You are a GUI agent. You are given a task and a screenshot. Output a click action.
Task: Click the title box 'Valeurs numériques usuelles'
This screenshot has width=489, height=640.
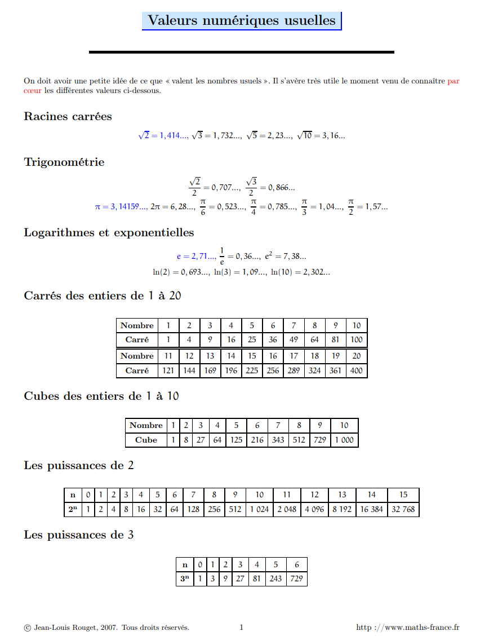(242, 21)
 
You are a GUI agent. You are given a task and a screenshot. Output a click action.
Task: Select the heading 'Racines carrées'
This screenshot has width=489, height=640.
(68, 117)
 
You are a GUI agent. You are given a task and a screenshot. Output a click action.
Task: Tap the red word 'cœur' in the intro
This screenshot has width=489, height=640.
(33, 90)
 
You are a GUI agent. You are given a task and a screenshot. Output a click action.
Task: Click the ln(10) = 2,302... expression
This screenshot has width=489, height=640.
(300, 272)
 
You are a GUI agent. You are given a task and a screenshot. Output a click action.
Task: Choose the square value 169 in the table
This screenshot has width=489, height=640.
(210, 370)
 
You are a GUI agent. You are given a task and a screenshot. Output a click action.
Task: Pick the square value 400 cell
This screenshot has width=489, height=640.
(357, 370)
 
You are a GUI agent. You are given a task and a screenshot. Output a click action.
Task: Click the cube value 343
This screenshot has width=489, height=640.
(278, 440)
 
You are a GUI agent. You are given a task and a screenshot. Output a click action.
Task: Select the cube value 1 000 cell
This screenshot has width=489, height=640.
(344, 440)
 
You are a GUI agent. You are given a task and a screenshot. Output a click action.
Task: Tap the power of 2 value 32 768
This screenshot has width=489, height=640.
(403, 509)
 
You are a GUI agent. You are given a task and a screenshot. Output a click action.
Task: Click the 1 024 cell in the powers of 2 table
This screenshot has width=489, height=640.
(259, 509)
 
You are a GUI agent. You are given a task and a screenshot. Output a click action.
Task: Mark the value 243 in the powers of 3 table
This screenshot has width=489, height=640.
(276, 579)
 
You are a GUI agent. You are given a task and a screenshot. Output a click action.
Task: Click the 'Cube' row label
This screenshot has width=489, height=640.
(146, 440)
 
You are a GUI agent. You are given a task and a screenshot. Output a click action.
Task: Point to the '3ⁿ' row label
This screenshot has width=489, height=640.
(184, 579)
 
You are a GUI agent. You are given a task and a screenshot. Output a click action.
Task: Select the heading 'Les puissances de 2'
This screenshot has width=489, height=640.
(79, 466)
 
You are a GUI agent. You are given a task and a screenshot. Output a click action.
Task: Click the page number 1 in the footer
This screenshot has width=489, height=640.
(241, 627)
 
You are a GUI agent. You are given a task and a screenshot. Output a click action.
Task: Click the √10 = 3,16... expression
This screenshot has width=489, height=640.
(321, 136)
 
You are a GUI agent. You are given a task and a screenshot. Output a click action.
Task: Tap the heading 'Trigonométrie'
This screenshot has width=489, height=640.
(64, 162)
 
